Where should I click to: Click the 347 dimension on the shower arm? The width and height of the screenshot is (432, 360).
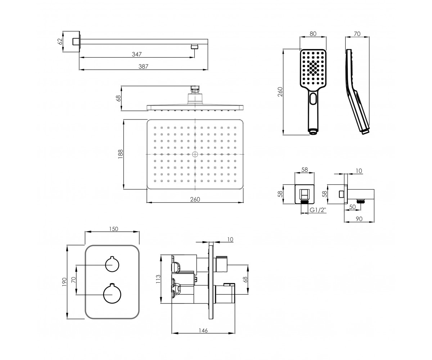pyautogui.click(x=137, y=54)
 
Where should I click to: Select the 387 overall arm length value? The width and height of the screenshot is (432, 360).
pyautogui.click(x=143, y=66)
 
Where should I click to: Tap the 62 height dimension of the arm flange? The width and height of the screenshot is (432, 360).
pyautogui.click(x=60, y=42)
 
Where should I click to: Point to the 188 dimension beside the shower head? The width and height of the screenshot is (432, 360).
pyautogui.click(x=120, y=154)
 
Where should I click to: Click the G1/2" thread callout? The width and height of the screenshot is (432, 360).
pyautogui.click(x=318, y=210)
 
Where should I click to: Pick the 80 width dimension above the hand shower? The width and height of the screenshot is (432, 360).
pyautogui.click(x=313, y=34)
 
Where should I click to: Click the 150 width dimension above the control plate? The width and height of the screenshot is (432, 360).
pyautogui.click(x=114, y=229)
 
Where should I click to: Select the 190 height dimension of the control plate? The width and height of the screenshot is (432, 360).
pyautogui.click(x=64, y=282)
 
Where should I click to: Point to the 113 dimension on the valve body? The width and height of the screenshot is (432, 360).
pyautogui.click(x=158, y=279)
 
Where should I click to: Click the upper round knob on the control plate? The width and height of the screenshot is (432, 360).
pyautogui.click(x=112, y=264)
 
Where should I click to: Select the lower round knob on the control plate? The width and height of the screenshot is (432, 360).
pyautogui.click(x=112, y=294)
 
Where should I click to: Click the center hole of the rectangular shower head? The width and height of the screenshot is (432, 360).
pyautogui.click(x=195, y=154)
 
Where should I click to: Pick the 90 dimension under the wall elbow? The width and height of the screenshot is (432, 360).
pyautogui.click(x=359, y=219)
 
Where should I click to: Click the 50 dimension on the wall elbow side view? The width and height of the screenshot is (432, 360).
pyautogui.click(x=352, y=207)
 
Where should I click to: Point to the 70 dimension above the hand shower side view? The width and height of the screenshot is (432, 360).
pyautogui.click(x=357, y=34)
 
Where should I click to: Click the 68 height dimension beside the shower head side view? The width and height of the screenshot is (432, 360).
pyautogui.click(x=119, y=98)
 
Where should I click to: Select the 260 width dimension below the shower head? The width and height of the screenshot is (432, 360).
pyautogui.click(x=195, y=199)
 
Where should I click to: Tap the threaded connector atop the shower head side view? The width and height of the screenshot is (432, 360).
pyautogui.click(x=195, y=89)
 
